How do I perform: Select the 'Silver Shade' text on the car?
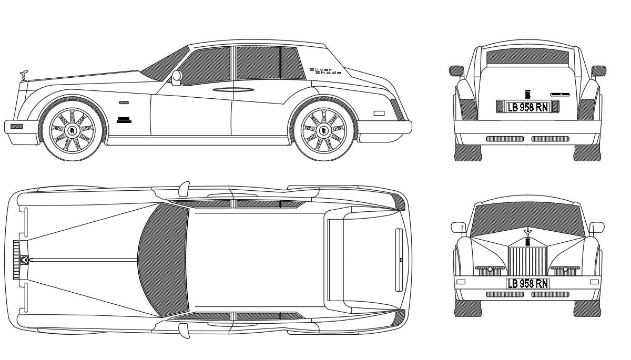[x=324, y=71]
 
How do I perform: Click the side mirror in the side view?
[x=177, y=78]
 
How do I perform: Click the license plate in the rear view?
[x=527, y=107]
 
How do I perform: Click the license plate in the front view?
[x=527, y=284]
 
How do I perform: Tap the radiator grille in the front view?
[x=527, y=259]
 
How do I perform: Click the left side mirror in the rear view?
[x=455, y=70]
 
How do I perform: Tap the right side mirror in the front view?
[x=597, y=227]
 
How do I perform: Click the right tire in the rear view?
[x=587, y=152]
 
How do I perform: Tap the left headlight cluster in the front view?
[x=490, y=269]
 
